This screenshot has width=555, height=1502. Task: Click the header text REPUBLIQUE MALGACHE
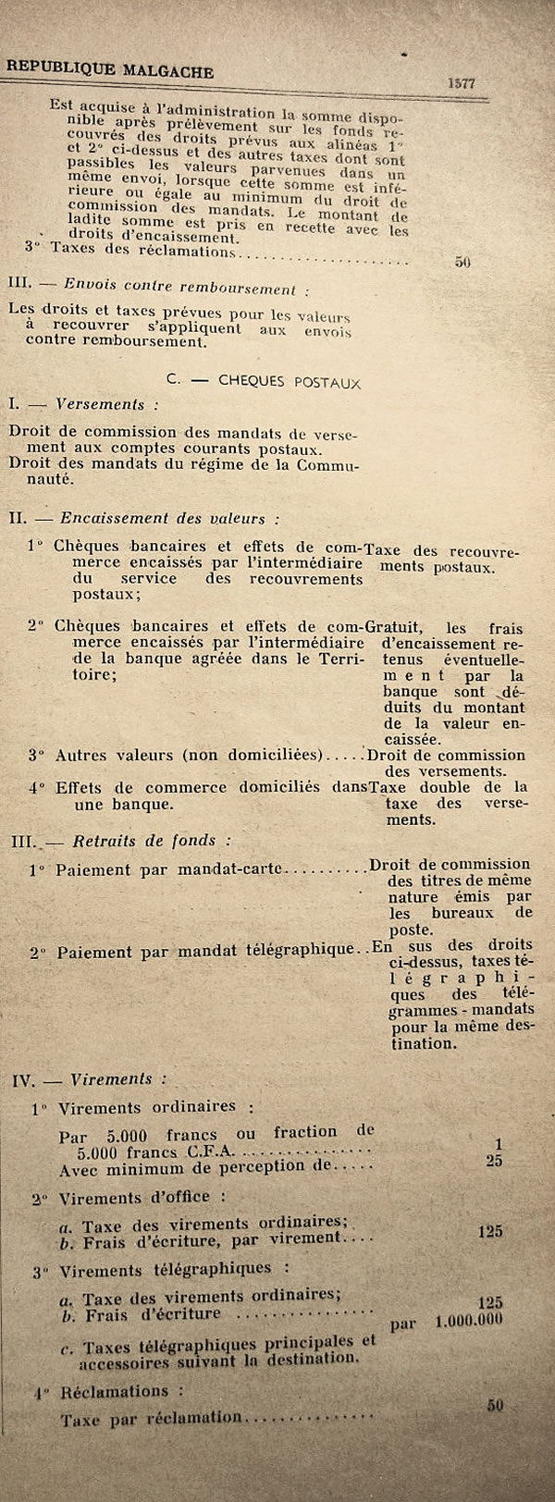[110, 69]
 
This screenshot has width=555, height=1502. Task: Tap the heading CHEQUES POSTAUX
[290, 381]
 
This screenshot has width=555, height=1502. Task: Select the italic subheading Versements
[100, 404]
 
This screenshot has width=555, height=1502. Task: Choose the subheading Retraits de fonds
[142, 841]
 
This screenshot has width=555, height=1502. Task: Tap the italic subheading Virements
[111, 1078]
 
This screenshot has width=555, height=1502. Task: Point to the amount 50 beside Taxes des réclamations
[463, 262]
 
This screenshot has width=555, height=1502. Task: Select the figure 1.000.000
[469, 1320]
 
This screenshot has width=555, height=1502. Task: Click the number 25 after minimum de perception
[495, 1160]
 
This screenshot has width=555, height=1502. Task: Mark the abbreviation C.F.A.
[211, 1152]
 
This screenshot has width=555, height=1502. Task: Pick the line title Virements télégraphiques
[165, 1269]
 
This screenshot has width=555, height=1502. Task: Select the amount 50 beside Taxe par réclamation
[495, 1405]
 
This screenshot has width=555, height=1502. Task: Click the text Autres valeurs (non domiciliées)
[189, 756]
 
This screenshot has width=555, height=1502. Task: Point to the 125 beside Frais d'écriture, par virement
[490, 1231]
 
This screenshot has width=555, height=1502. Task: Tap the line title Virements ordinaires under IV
[146, 1107]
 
